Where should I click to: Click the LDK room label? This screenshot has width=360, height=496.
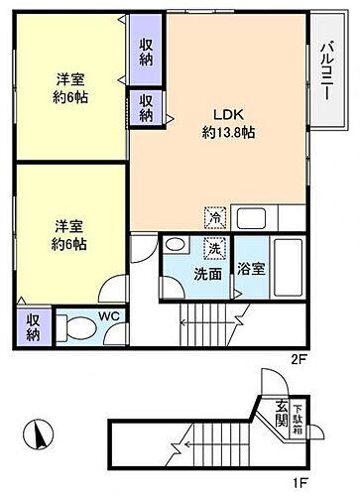tap(222, 113)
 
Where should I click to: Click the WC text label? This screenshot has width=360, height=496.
tap(112, 316)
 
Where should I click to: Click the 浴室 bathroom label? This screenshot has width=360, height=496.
tap(251, 268)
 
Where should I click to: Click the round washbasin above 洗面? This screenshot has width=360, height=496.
tap(177, 246)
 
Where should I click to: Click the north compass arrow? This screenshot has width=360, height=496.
tap(40, 434)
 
